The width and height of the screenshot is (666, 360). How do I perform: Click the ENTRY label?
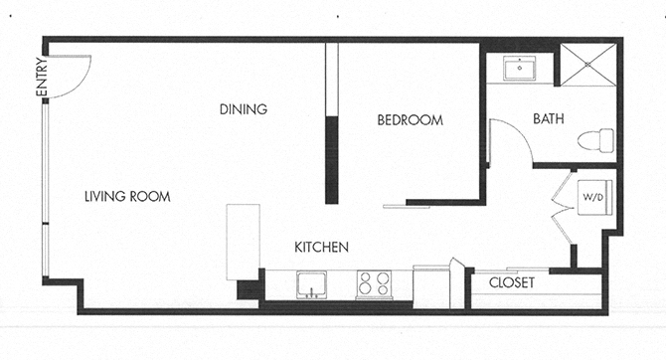pyautogui.click(x=42, y=78)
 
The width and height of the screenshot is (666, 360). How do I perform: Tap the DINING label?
pyautogui.click(x=244, y=109)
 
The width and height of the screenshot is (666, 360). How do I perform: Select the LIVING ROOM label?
pyautogui.click(x=127, y=197)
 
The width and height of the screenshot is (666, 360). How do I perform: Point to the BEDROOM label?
pyautogui.click(x=409, y=120)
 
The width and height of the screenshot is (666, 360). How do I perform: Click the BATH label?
pyautogui.click(x=549, y=118)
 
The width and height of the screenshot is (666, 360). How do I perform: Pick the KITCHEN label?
pyautogui.click(x=321, y=247)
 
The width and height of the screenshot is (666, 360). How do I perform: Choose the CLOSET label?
pyautogui.click(x=512, y=283)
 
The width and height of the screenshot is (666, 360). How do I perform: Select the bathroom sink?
pyautogui.click(x=519, y=69)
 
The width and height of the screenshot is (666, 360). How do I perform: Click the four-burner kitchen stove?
pyautogui.click(x=375, y=285)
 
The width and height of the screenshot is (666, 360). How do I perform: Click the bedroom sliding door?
pyautogui.click(x=408, y=207)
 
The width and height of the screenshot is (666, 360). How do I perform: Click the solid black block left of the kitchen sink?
pyautogui.click(x=247, y=290)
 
